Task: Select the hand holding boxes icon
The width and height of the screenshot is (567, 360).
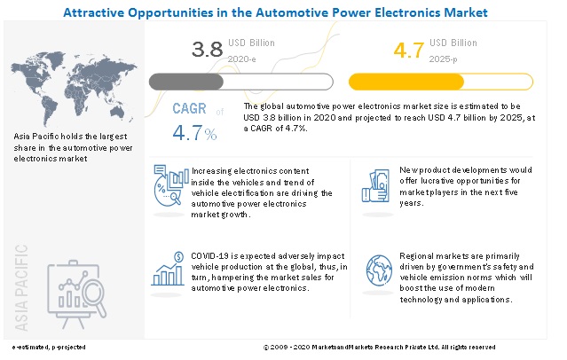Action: coord(375,184)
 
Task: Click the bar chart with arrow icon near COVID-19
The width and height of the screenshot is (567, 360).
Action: coord(168,269)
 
